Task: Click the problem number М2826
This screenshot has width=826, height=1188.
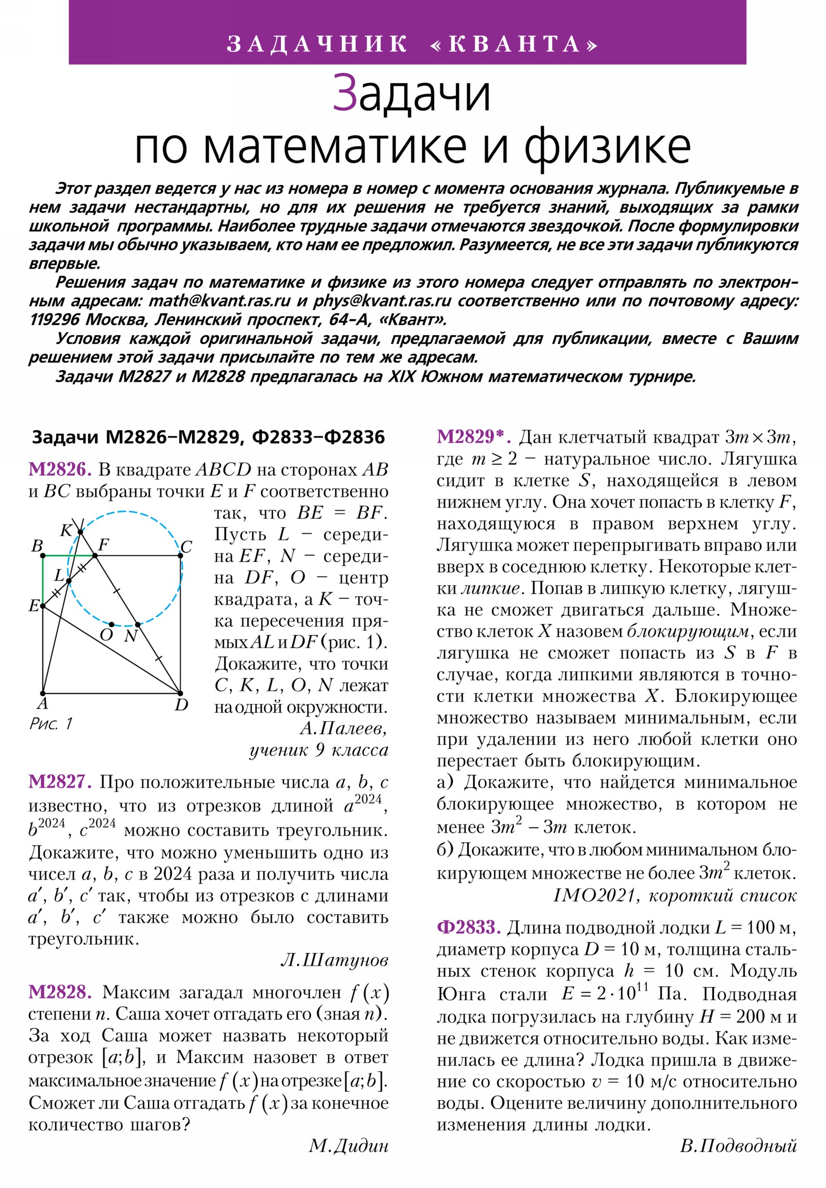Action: (x=60, y=470)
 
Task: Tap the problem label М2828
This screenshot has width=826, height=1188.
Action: (x=60, y=992)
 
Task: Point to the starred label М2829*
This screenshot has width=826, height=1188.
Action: (x=474, y=436)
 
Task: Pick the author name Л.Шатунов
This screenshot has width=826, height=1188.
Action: (x=334, y=960)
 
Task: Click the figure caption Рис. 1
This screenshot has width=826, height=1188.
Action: (x=51, y=723)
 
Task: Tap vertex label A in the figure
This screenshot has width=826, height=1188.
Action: (x=43, y=703)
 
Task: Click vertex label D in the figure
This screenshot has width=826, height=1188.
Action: (x=181, y=705)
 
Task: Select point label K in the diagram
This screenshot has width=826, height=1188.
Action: (x=66, y=530)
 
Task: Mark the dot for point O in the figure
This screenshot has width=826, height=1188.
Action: (x=112, y=624)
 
